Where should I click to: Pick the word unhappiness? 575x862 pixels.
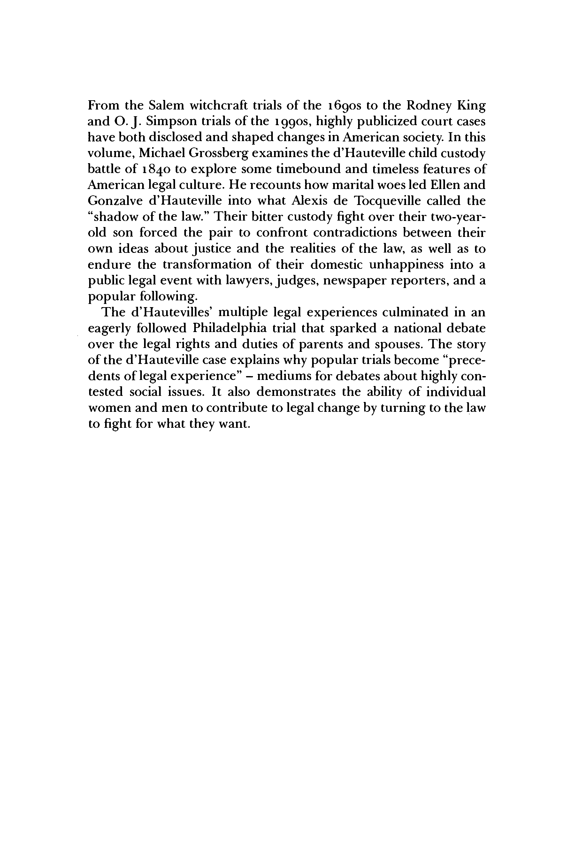[x=403, y=264]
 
